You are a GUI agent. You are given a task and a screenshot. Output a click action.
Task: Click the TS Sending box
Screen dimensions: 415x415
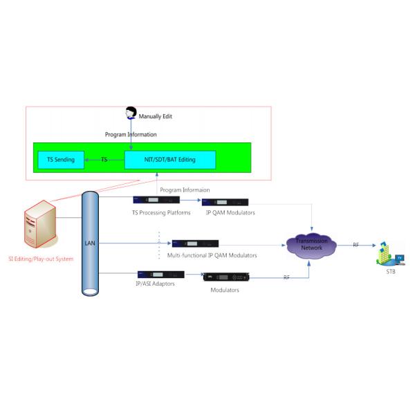[61, 160]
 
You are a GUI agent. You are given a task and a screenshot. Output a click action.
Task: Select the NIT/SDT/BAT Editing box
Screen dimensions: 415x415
[169, 160]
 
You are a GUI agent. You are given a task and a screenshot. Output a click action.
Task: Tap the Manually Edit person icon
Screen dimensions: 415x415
[131, 113]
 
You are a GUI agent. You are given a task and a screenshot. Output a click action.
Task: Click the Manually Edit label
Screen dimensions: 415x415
[156, 116]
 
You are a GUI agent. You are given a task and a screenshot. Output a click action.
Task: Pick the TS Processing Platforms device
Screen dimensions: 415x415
[156, 201]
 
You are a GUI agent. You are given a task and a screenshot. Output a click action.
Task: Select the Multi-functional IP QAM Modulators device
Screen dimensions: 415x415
[195, 243]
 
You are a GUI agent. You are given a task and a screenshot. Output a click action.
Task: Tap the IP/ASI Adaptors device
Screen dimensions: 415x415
[160, 275]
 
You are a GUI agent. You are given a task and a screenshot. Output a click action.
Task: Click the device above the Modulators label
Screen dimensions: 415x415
[225, 278]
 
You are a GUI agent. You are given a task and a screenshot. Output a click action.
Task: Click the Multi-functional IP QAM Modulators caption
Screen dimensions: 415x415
[212, 255]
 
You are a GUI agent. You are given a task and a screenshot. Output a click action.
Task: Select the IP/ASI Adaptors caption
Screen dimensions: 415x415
[155, 284]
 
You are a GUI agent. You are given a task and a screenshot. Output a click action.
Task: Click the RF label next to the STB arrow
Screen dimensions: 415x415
[356, 245]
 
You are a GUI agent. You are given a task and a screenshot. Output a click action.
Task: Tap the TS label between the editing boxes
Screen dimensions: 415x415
[104, 160]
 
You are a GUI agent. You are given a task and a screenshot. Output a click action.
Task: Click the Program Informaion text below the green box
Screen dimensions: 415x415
[185, 189]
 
